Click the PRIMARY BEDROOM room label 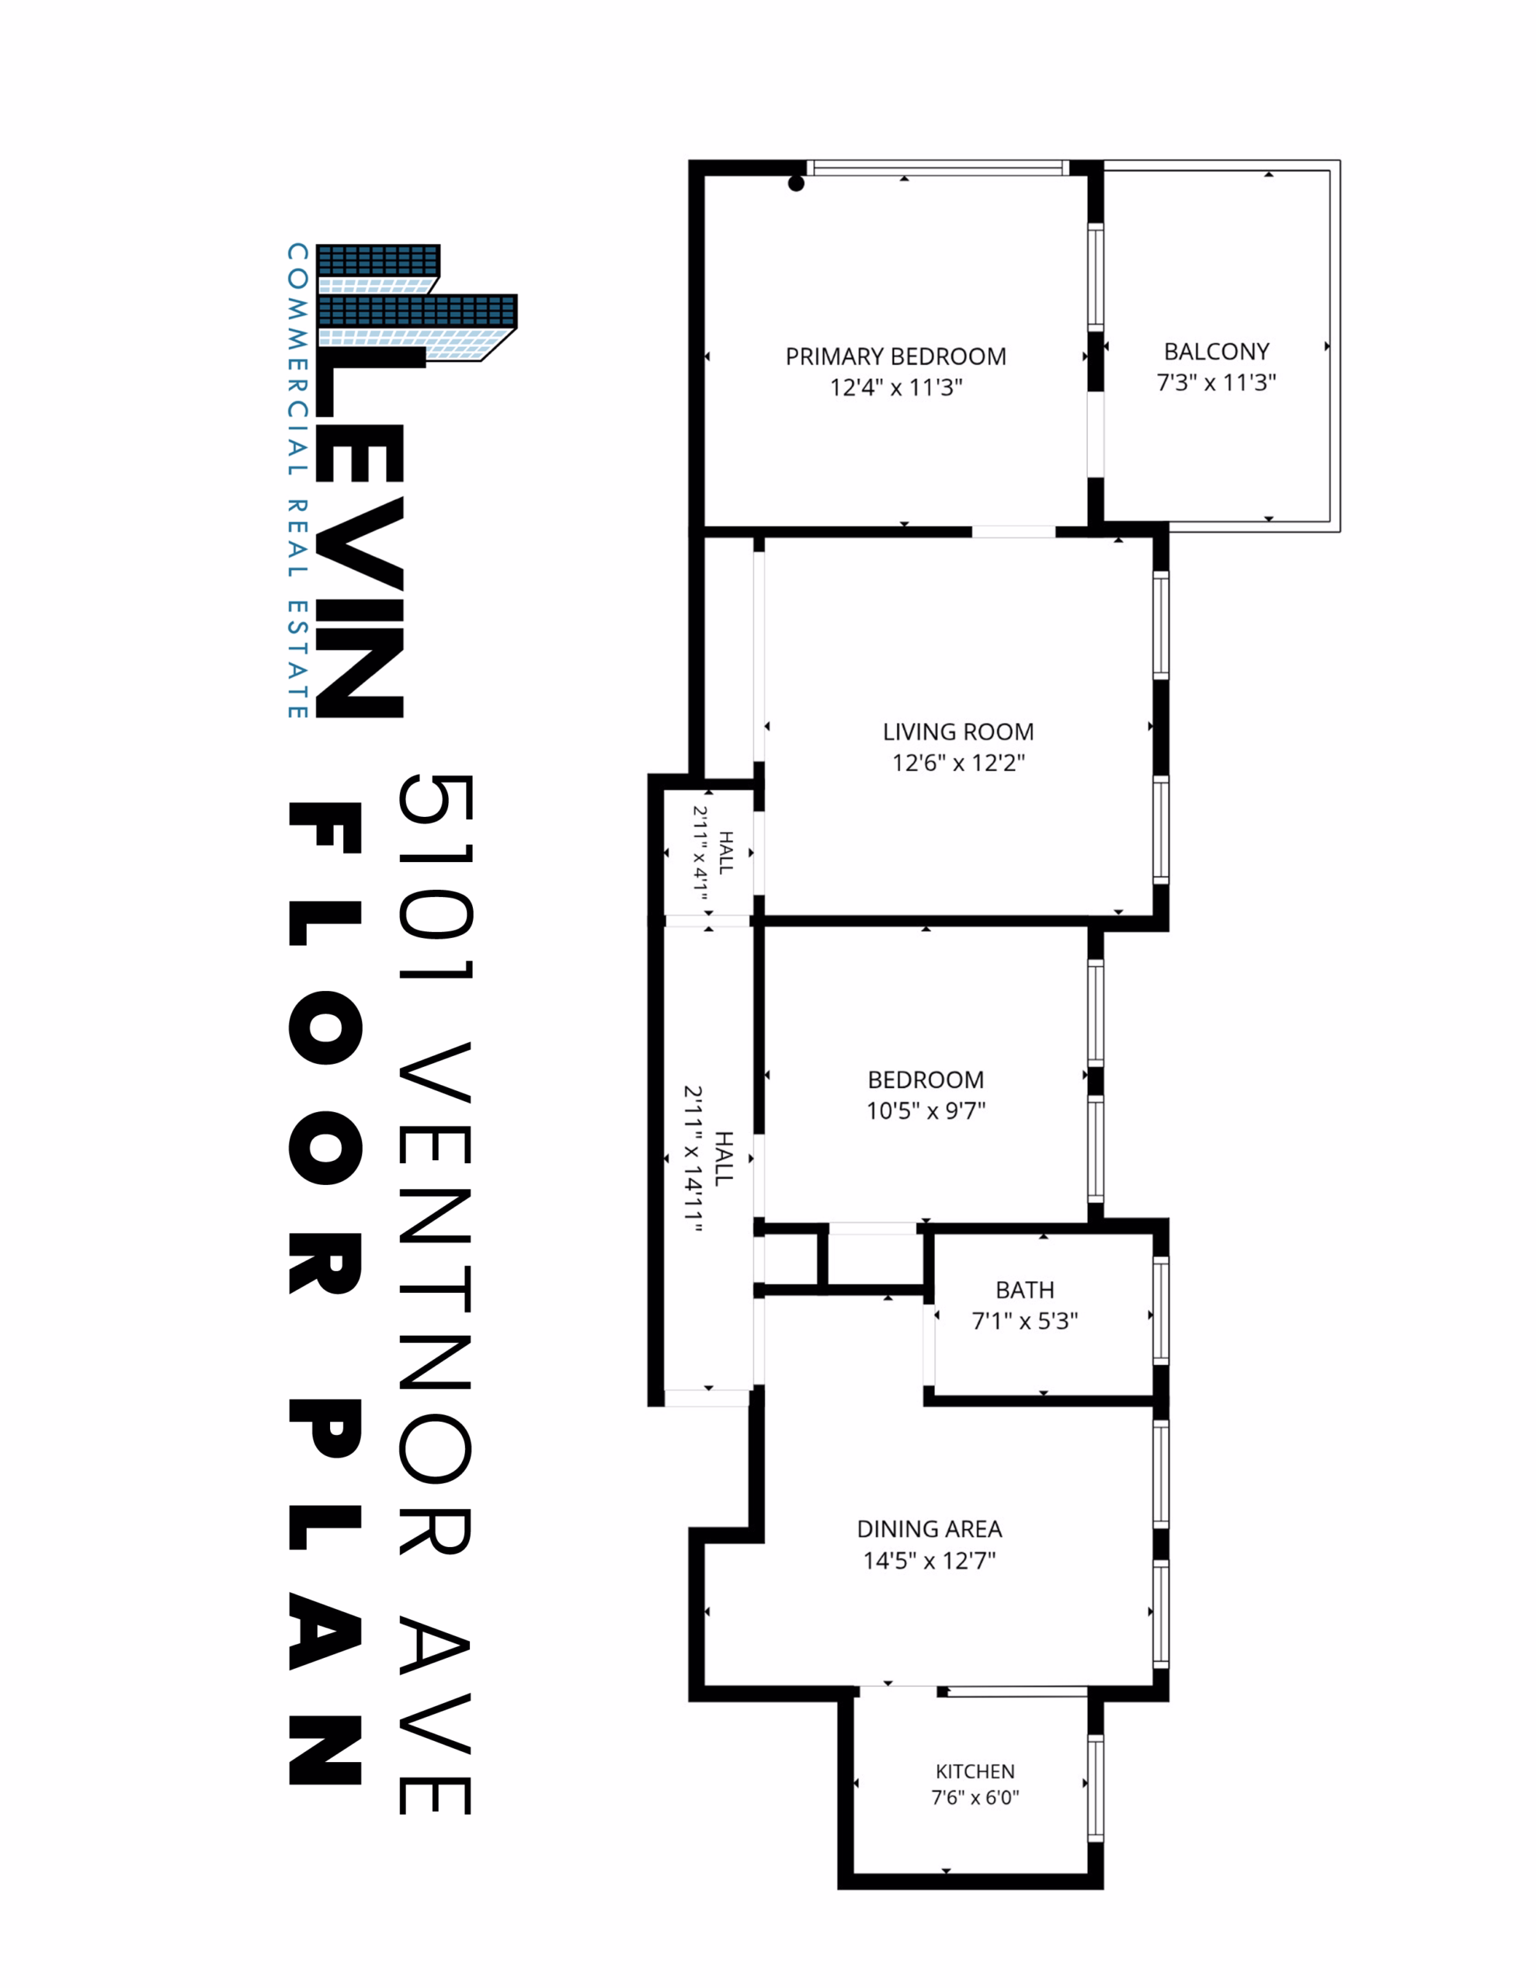[x=896, y=356]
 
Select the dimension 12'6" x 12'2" [x=957, y=763]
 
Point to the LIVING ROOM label [x=957, y=732]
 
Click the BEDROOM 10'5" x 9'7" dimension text [x=926, y=1110]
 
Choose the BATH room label [x=1025, y=1290]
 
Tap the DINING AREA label [x=930, y=1529]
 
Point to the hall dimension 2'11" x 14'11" [x=693, y=1159]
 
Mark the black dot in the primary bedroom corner [x=796, y=184]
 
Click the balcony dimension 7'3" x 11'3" [x=1216, y=382]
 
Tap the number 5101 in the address [x=435, y=878]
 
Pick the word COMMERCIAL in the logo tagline [x=297, y=360]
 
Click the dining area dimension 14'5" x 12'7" [x=930, y=1560]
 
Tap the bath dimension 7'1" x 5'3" [x=1025, y=1321]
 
